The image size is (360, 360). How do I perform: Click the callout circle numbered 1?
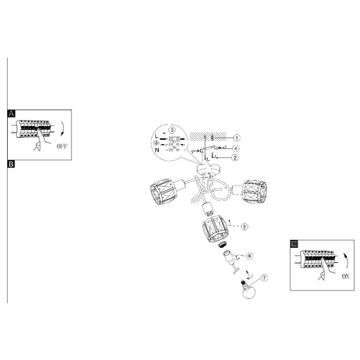pyautogui.click(x=237, y=138)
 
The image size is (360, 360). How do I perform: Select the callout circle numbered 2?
pyautogui.click(x=235, y=158)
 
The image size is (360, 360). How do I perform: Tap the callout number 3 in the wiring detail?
pyautogui.click(x=172, y=130)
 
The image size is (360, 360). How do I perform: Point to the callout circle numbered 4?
pyautogui.click(x=236, y=149)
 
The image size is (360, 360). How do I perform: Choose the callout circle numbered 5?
pyautogui.click(x=245, y=226)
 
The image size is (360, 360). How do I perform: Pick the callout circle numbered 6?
pyautogui.click(x=250, y=256)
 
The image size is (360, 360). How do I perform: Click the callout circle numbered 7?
pyautogui.click(x=264, y=278)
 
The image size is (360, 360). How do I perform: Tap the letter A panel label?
pyautogui.click(x=11, y=113)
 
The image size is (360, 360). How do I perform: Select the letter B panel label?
pyautogui.click(x=11, y=164)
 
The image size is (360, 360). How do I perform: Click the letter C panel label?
pyautogui.click(x=294, y=244)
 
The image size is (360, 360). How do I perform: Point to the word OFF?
pyautogui.click(x=62, y=146)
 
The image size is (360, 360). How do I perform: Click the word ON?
pyautogui.click(x=346, y=277)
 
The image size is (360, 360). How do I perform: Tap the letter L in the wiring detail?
pyautogui.click(x=157, y=136)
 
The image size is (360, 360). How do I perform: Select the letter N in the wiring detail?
pyautogui.click(x=157, y=150)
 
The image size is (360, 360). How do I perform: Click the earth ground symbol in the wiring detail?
pyautogui.click(x=156, y=143)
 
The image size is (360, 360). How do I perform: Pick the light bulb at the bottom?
pyautogui.click(x=248, y=290)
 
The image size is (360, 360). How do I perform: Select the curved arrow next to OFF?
pyautogui.click(x=62, y=129)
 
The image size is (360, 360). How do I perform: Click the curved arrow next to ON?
pyautogui.click(x=346, y=260)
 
